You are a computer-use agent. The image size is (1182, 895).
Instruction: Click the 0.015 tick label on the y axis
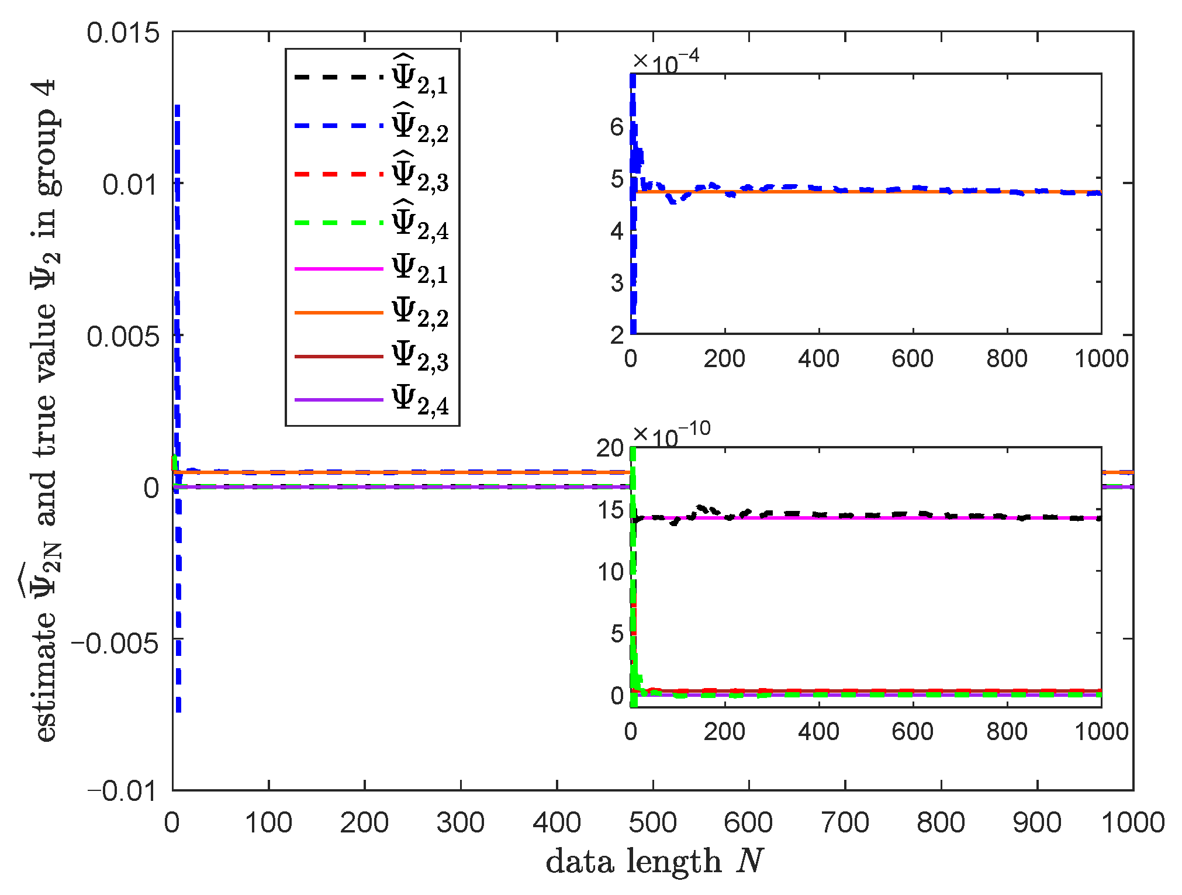pyautogui.click(x=123, y=33)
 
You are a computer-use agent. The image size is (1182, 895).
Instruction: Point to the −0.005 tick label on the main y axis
pyautogui.click(x=115, y=644)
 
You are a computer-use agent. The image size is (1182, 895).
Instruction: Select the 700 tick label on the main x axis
pyautogui.click(x=845, y=823)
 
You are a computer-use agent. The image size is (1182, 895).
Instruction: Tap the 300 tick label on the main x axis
pyautogui.click(x=461, y=823)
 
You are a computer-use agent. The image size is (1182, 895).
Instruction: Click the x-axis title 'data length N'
pyautogui.click(x=654, y=861)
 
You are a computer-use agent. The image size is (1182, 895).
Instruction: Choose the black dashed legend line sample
pyautogui.click(x=338, y=77)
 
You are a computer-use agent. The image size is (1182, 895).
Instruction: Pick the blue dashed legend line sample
pyautogui.click(x=338, y=126)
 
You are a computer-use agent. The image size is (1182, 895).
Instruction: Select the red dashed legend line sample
pyautogui.click(x=338, y=174)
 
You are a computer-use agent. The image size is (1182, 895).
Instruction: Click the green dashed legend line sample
pyautogui.click(x=338, y=223)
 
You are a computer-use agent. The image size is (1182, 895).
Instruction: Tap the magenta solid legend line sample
pyautogui.click(x=338, y=269)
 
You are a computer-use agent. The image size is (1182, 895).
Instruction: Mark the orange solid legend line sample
pyautogui.click(x=338, y=313)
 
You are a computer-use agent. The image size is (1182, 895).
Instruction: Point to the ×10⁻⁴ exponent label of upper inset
pyautogui.click(x=666, y=61)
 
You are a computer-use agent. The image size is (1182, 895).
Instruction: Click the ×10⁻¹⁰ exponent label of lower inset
pyautogui.click(x=672, y=433)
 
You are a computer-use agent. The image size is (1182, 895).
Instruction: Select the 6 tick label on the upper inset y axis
pyautogui.click(x=617, y=127)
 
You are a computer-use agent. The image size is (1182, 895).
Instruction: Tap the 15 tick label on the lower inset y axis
pyautogui.click(x=610, y=510)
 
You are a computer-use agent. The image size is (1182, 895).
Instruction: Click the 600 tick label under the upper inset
pyautogui.click(x=913, y=358)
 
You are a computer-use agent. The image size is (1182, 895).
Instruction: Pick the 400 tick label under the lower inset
pyautogui.click(x=818, y=731)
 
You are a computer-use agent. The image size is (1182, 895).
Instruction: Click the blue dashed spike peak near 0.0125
pyautogui.click(x=177, y=108)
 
